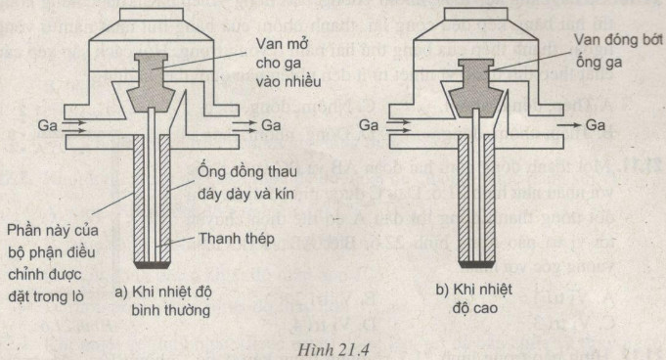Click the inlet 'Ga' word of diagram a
[45, 125]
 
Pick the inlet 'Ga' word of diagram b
[369, 125]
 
